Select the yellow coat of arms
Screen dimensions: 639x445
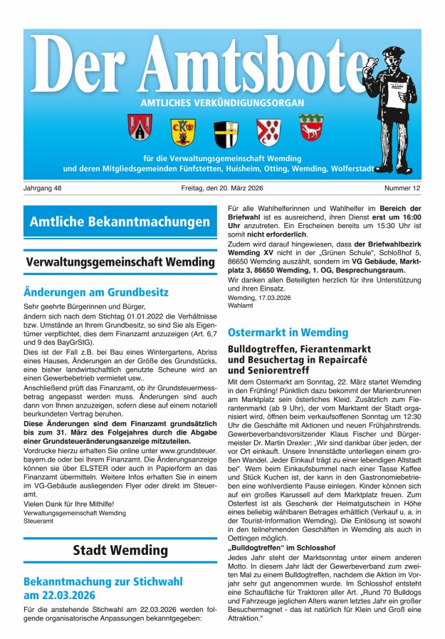(x=182, y=131)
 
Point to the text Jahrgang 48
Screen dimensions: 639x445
(x=43, y=189)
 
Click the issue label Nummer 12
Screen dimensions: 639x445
(x=403, y=189)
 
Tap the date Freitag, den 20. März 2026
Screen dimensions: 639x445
(x=222, y=189)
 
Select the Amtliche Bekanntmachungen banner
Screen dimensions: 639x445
(x=120, y=222)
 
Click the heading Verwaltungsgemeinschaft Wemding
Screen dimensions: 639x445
(x=120, y=261)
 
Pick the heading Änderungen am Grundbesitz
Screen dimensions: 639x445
(x=95, y=292)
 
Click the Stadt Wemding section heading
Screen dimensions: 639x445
(x=120, y=550)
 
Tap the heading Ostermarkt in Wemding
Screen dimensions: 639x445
(x=288, y=333)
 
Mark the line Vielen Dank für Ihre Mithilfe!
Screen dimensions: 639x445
(x=68, y=504)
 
